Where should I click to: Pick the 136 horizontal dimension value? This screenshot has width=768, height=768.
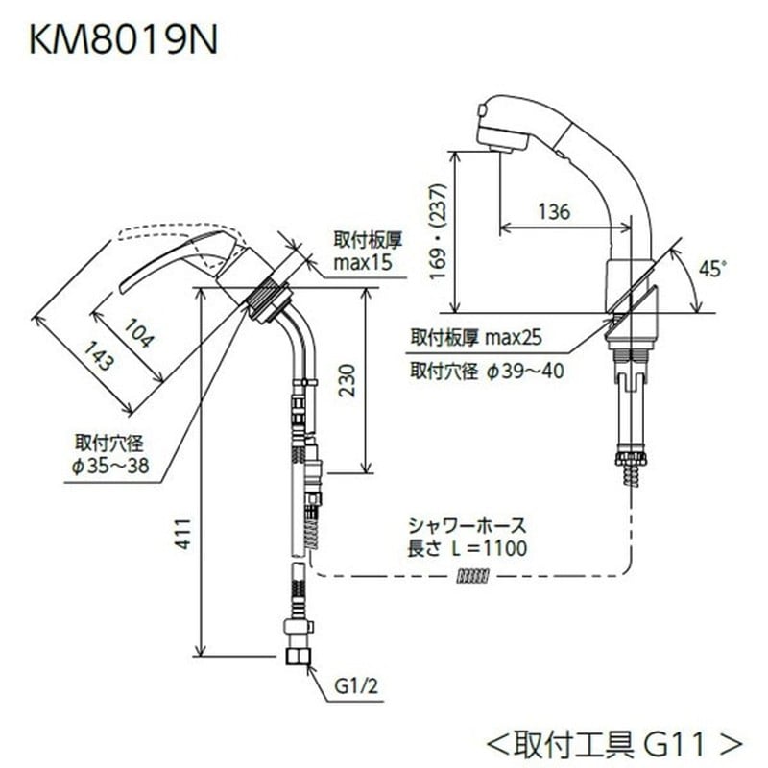pyautogui.click(x=554, y=211)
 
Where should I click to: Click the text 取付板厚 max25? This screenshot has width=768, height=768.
pyautogui.click(x=477, y=338)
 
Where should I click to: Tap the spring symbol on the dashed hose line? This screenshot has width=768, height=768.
pyautogui.click(x=474, y=576)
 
